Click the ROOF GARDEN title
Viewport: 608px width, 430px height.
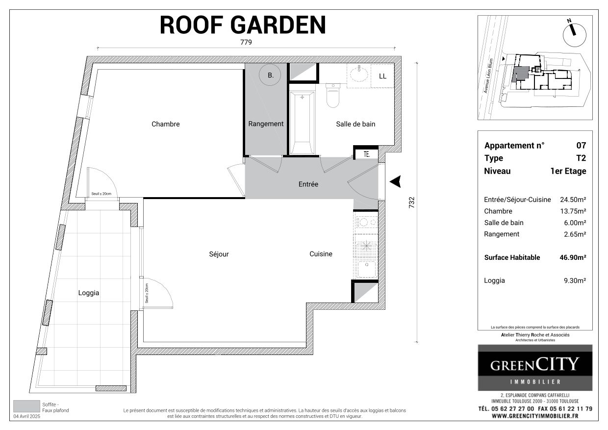coord(243,25)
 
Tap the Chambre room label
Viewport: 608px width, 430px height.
coord(165,124)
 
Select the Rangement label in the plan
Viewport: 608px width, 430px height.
coord(266,124)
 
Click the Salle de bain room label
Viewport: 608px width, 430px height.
coord(355,124)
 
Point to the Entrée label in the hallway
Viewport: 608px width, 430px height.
coord(308,184)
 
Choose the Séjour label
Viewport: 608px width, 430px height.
coord(219,254)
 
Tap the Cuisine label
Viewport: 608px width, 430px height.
coord(321,254)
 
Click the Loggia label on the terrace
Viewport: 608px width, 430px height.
coord(89,293)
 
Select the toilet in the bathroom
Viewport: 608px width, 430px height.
coord(333,95)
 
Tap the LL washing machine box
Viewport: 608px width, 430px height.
coord(382,76)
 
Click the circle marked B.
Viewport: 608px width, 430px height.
coord(270,76)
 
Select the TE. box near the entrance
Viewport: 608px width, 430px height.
coord(366,154)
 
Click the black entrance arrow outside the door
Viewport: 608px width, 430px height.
coord(396,181)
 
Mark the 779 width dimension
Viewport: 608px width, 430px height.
coord(246,43)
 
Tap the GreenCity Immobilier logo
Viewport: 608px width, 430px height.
coord(535,367)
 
